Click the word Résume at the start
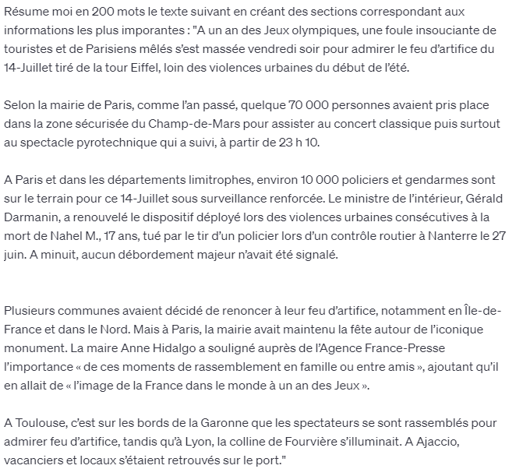[24, 13]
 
